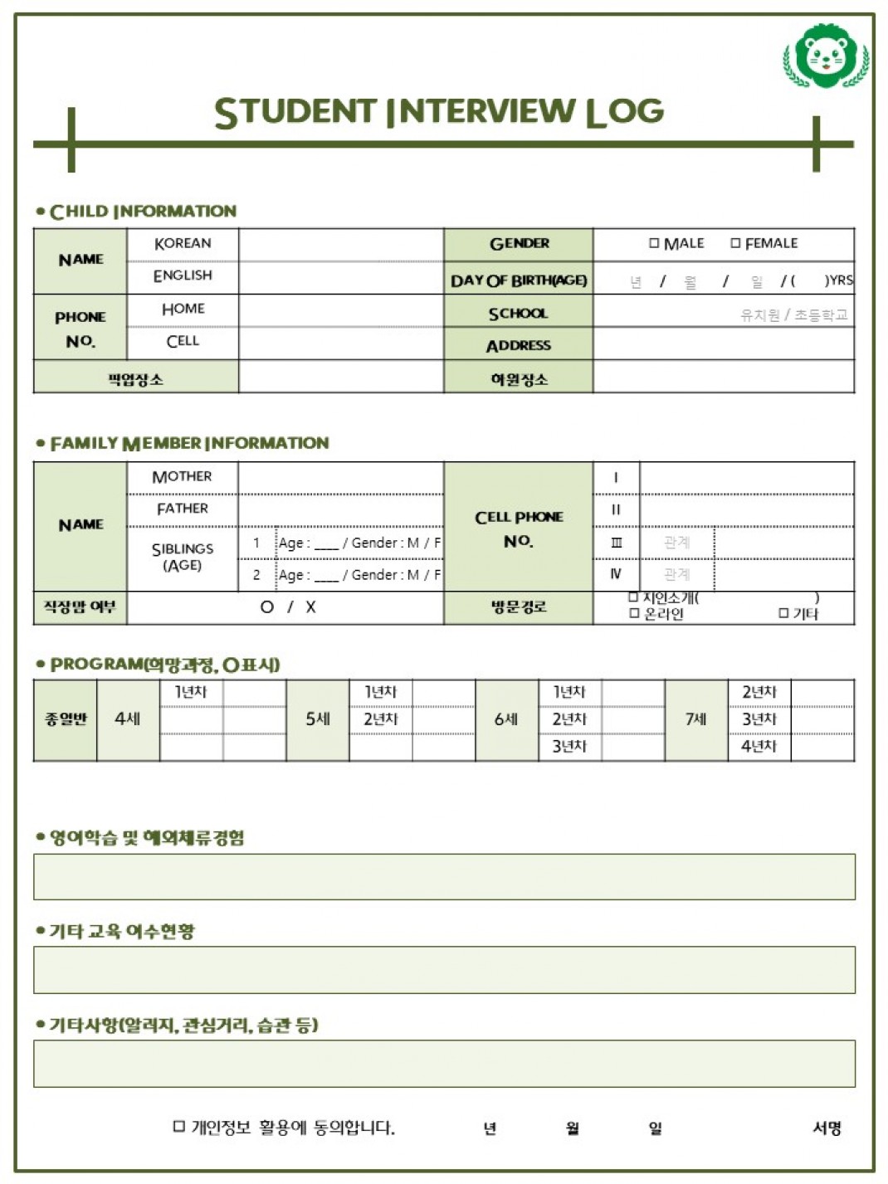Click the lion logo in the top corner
click(826, 56)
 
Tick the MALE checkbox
click(654, 243)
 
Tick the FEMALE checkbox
click(735, 243)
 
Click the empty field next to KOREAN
click(340, 244)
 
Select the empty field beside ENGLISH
click(340, 277)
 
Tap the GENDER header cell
click(519, 244)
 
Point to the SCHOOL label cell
click(519, 314)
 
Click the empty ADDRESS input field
click(723, 344)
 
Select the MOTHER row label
click(182, 477)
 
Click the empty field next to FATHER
click(340, 509)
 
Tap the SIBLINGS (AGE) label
click(182, 558)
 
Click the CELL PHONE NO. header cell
click(519, 528)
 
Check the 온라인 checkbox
click(634, 613)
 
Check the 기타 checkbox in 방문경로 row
click(783, 613)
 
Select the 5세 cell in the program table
click(317, 719)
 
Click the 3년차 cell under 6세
click(569, 747)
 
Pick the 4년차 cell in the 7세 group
click(759, 747)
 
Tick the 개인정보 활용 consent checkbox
click(178, 1126)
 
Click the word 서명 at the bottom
click(827, 1128)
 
